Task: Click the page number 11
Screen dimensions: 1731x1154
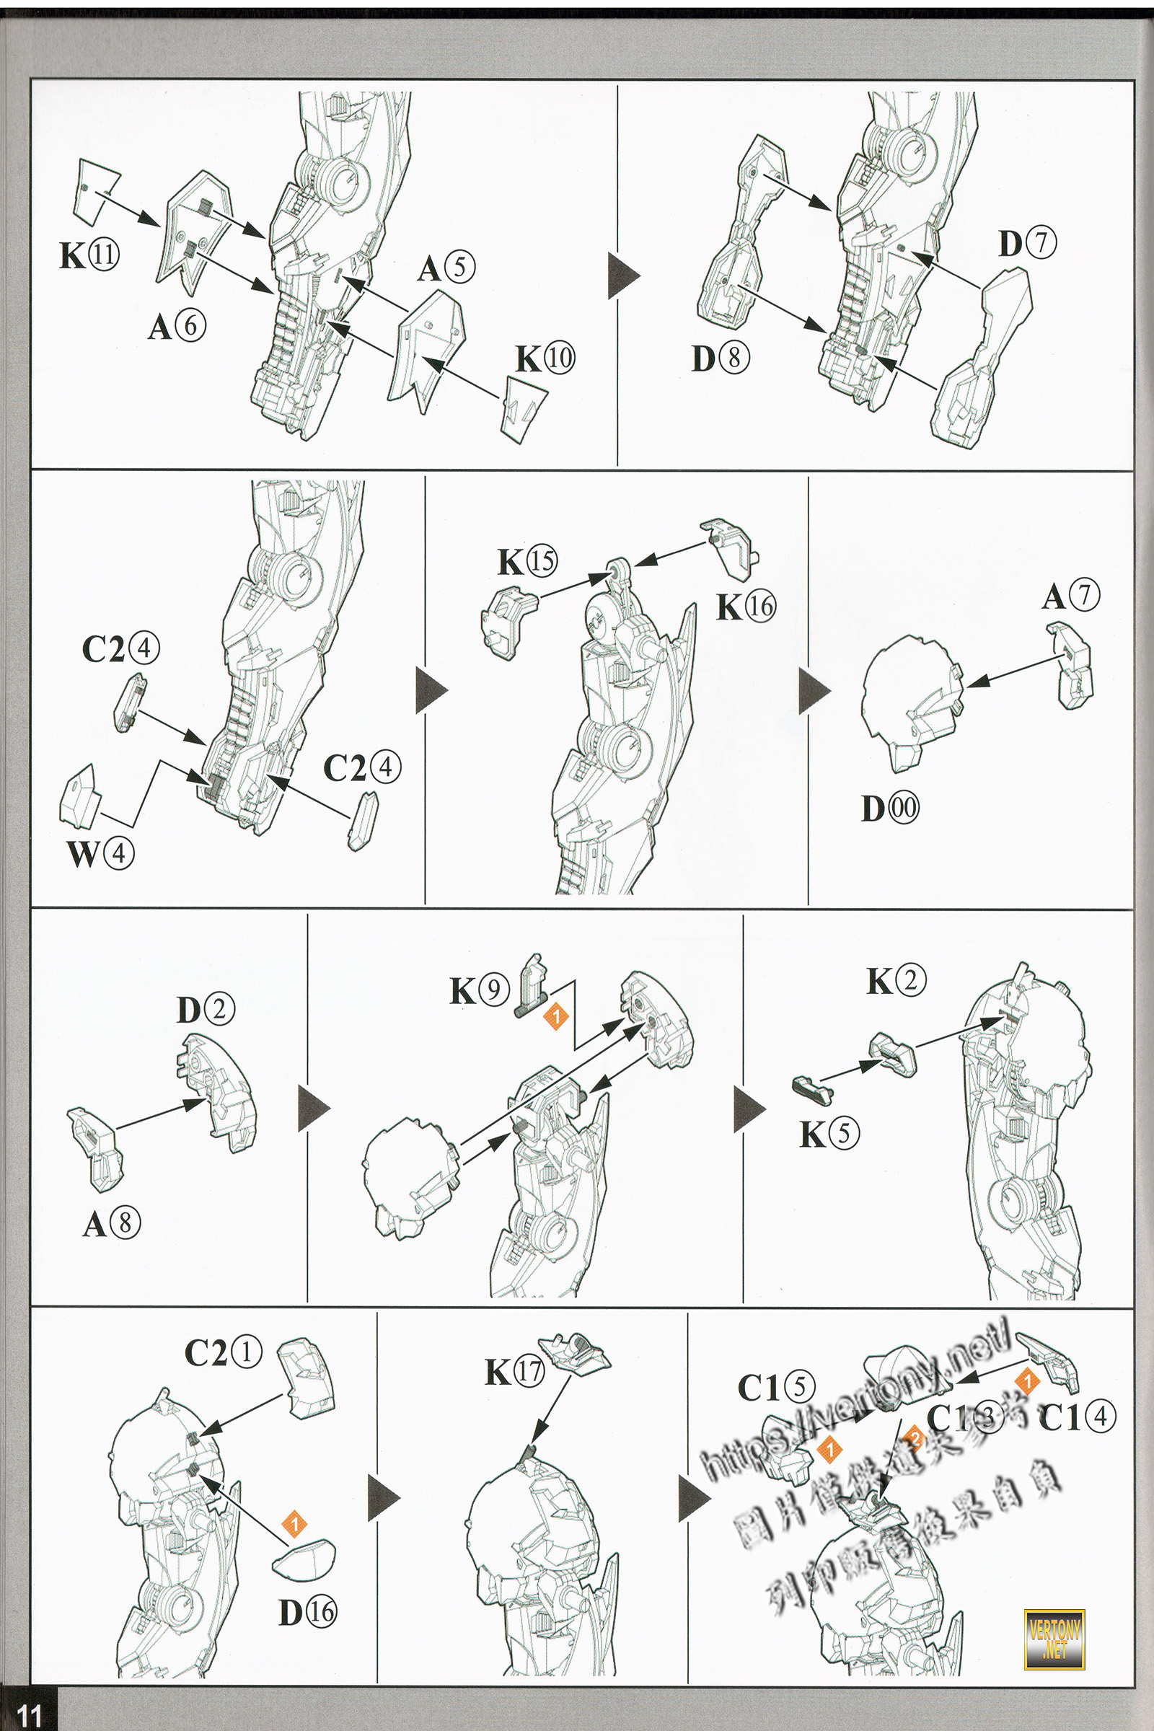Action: click(x=29, y=1715)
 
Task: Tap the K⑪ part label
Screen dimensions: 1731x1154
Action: click(x=89, y=255)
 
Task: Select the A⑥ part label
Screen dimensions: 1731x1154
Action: click(x=177, y=326)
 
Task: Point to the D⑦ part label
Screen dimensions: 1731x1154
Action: click(x=1026, y=244)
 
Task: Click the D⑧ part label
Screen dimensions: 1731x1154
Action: click(x=721, y=358)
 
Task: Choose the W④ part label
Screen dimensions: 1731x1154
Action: click(x=100, y=854)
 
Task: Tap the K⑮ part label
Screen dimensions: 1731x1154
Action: click(x=527, y=562)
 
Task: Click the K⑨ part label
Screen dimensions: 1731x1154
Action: click(x=479, y=990)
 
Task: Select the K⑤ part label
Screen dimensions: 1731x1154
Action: click(x=829, y=1134)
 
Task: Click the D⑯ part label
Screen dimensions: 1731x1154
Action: click(x=307, y=1613)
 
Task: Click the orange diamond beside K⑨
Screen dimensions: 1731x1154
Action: click(x=556, y=1016)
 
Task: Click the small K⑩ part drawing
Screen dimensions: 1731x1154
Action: click(x=525, y=408)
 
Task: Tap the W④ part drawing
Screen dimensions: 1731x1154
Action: click(x=79, y=796)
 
